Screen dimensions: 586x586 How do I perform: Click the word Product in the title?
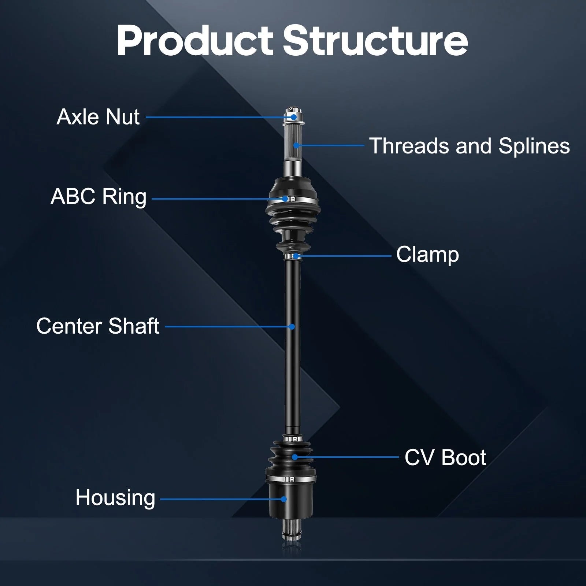195,41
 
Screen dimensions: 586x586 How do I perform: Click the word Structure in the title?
375,41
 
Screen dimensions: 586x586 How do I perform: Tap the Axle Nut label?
98,117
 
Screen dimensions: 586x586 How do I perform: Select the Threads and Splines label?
470,146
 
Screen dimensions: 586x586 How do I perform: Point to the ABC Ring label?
99,197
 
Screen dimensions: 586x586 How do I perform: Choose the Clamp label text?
427,255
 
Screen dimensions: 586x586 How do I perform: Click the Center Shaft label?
98,326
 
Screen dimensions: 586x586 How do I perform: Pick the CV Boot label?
445,457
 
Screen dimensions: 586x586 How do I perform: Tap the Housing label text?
115,498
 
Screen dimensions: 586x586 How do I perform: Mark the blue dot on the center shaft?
292,327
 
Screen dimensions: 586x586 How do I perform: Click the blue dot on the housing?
283,499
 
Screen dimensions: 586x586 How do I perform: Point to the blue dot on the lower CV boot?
294,457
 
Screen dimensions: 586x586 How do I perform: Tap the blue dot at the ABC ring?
285,199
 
